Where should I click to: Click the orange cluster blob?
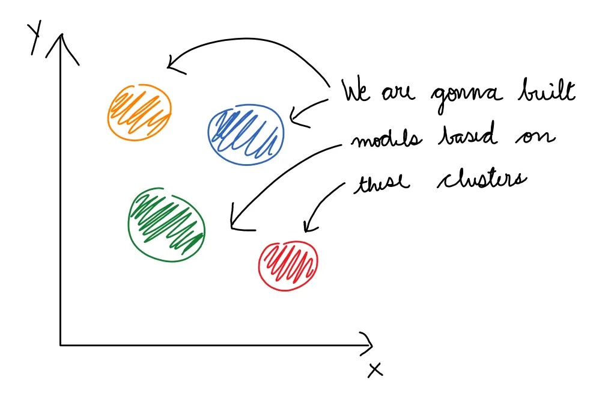coord(139,112)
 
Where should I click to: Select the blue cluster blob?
coord(246,135)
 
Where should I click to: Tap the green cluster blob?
coord(166,224)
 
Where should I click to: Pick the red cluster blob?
coord(288,266)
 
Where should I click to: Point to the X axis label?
coord(375,370)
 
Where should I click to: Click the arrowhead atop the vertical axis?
coord(62,46)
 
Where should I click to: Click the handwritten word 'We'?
coord(356,91)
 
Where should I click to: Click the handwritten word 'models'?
coord(386,138)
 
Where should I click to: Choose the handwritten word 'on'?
coord(535,136)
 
